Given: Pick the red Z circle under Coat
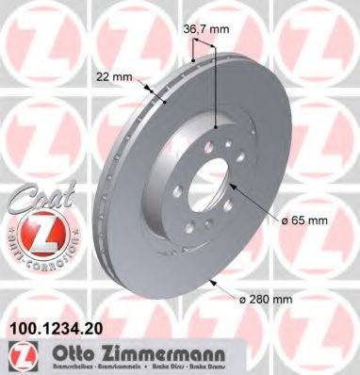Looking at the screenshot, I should click(x=37, y=231).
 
